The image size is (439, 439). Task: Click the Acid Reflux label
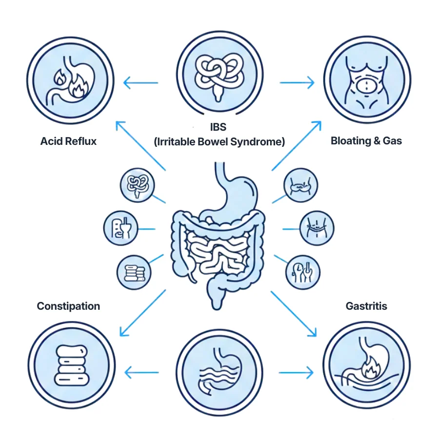tap(68, 141)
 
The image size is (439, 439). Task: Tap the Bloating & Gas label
tap(366, 141)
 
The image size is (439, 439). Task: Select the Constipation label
tap(68, 306)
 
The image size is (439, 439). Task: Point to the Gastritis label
tap(366, 306)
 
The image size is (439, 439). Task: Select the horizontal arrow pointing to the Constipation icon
tap(141, 374)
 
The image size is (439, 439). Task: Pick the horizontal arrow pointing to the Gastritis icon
tap(296, 374)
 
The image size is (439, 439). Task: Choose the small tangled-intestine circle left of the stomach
tap(137, 185)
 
